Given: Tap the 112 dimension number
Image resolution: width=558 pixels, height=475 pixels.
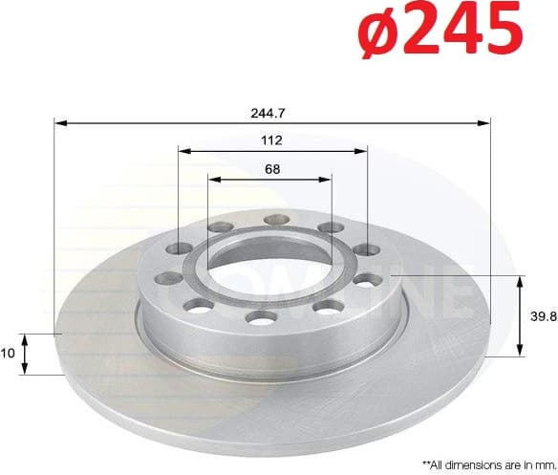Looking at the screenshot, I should click(x=271, y=140).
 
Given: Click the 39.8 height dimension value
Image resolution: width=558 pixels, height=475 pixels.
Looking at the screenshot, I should click(x=543, y=316).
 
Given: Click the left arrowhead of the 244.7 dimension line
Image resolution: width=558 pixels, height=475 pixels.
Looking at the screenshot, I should click(x=59, y=122).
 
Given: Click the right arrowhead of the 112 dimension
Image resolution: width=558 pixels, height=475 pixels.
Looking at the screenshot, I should click(x=361, y=151).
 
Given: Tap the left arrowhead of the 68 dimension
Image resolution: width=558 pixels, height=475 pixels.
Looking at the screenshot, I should click(x=213, y=180).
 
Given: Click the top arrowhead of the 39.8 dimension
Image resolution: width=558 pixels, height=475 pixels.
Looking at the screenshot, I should click(x=521, y=280).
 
